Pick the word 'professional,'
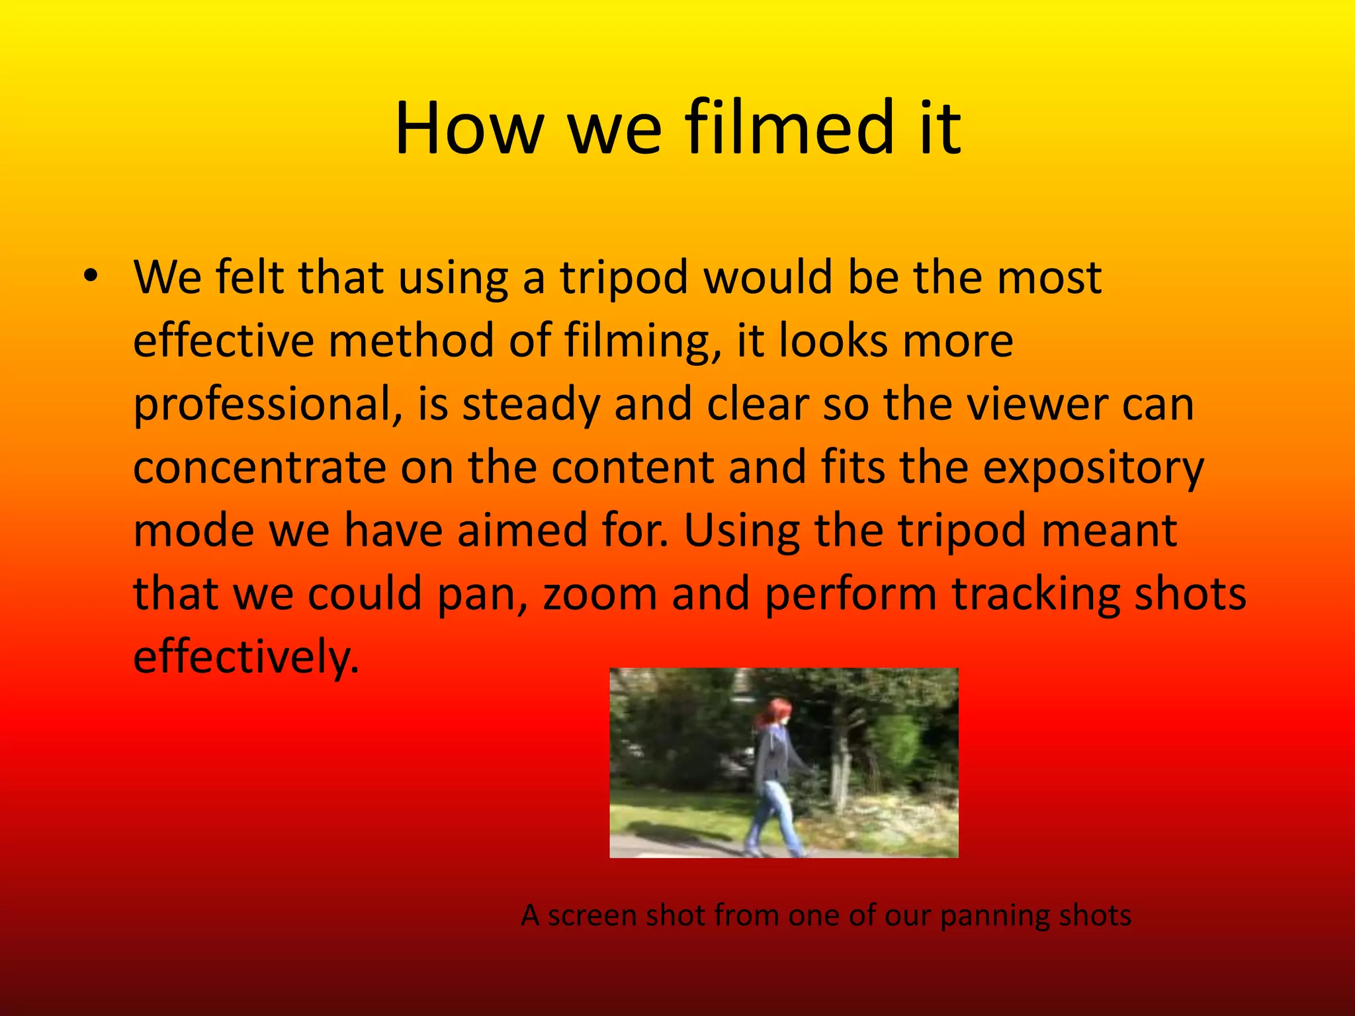268,405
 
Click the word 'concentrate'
259,467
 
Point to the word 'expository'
1093,468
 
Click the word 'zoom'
599,594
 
